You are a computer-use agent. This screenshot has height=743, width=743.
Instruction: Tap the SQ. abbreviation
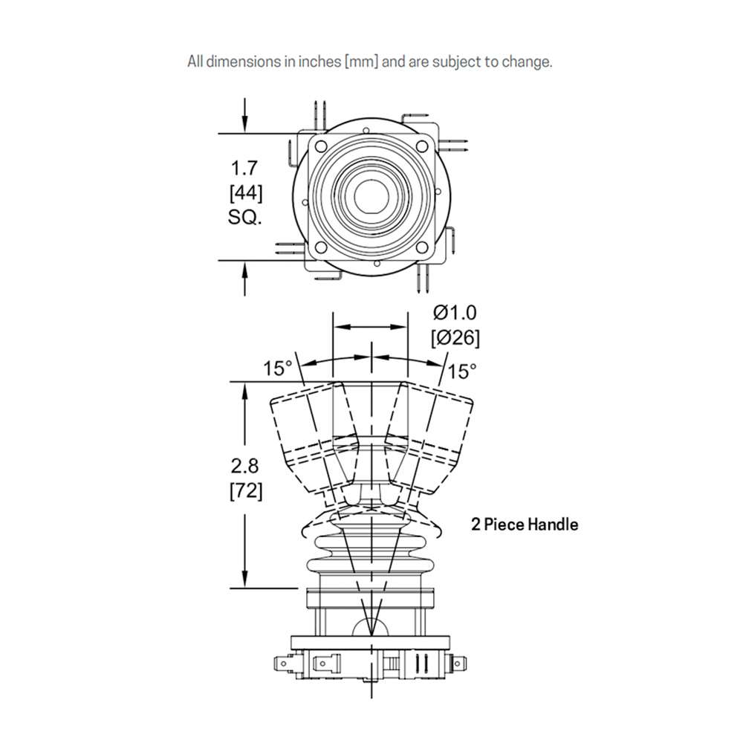click(246, 218)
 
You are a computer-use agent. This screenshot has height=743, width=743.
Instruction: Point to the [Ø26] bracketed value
click(455, 338)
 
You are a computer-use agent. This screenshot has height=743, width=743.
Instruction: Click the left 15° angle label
click(278, 368)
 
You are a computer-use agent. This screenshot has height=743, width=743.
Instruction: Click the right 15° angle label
click(463, 369)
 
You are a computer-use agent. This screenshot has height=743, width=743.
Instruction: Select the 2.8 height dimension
click(245, 467)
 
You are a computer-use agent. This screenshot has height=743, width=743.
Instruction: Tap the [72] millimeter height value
click(245, 490)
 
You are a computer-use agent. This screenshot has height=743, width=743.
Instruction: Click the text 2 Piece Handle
click(525, 525)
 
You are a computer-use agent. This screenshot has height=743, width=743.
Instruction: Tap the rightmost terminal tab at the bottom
click(460, 661)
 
